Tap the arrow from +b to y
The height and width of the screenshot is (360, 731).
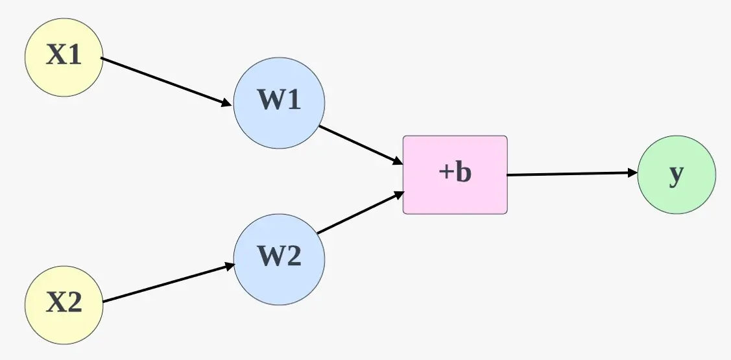(571, 174)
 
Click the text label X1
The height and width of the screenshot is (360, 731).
(64, 56)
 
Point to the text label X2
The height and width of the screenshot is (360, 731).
(64, 303)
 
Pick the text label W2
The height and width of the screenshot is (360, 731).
(279, 258)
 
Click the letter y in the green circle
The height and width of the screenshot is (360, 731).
(677, 174)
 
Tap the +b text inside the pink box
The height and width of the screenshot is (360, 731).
(455, 173)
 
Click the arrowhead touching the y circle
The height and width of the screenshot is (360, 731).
(632, 173)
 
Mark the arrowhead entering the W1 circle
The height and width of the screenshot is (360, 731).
(227, 103)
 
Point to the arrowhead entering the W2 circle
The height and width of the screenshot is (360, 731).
(229, 265)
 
